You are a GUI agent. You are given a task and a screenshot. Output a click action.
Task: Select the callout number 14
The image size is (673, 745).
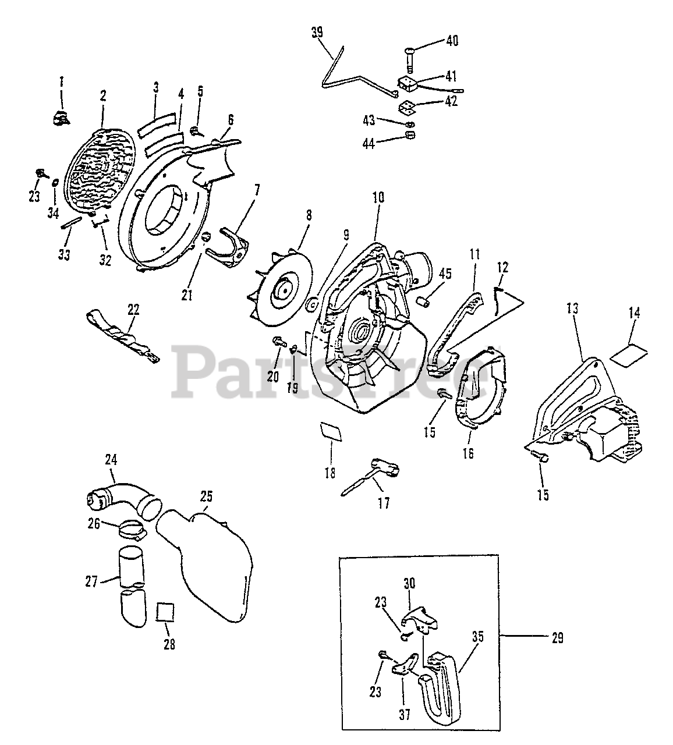point(634,313)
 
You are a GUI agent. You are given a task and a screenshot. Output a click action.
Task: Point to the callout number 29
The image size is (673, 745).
point(557,638)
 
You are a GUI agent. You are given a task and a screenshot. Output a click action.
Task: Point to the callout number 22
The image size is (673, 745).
point(133,309)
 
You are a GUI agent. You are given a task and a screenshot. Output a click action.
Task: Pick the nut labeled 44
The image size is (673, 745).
point(409,136)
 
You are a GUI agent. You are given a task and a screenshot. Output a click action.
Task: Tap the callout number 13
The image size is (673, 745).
point(573,308)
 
